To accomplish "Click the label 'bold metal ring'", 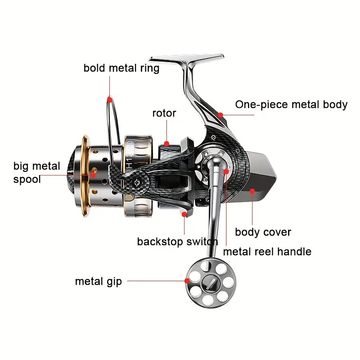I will coord(121,68).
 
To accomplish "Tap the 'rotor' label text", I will coord(164,113).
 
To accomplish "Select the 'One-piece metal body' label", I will coord(291,105).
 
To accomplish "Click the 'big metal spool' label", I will coord(37,172).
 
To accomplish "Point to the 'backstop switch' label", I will coord(177,242).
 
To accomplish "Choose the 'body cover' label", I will coord(263,232).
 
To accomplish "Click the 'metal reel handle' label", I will coord(267,252).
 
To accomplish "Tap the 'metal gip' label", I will coord(98,282).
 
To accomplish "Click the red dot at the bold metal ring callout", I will coord(109,98).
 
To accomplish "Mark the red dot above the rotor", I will coord(167,144).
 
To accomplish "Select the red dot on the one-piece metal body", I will coord(220,115).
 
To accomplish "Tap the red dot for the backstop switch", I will coord(184,215).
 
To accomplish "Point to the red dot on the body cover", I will coord(252,191).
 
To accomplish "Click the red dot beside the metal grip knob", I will coord(186,281).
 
